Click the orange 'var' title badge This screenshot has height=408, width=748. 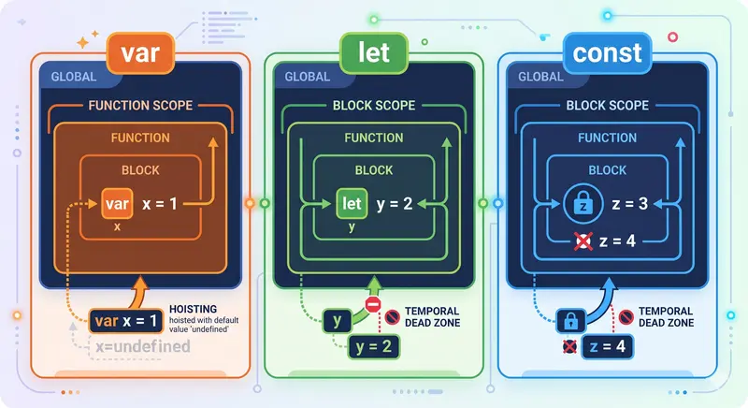pos(139,53)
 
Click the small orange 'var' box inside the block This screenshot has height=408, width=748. pos(117,204)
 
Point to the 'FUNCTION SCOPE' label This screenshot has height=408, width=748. pos(139,105)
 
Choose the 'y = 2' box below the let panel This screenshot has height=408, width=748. pos(373,350)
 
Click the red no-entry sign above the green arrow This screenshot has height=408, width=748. pos(373,306)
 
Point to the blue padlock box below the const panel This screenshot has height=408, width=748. pos(571,321)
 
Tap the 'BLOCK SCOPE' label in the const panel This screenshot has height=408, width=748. pos(607,105)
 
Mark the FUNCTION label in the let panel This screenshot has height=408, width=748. pos(374,138)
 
